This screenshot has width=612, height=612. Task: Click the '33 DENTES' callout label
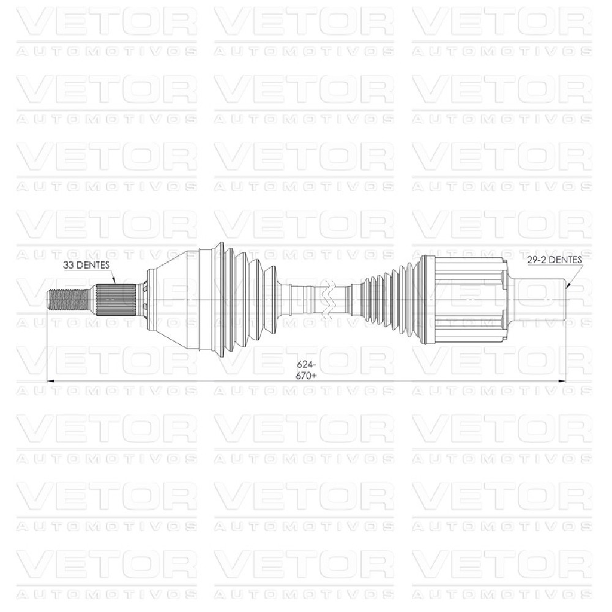pos(86,265)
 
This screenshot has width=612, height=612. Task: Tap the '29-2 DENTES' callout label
pos(554,260)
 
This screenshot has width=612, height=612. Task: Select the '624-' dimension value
pos(306,365)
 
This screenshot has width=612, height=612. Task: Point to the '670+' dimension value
pos(306,376)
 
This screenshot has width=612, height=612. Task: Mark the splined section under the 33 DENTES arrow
pos(116,300)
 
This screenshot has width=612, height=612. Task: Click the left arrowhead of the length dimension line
pos(51,381)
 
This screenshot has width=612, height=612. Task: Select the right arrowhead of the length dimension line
pos(561,381)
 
